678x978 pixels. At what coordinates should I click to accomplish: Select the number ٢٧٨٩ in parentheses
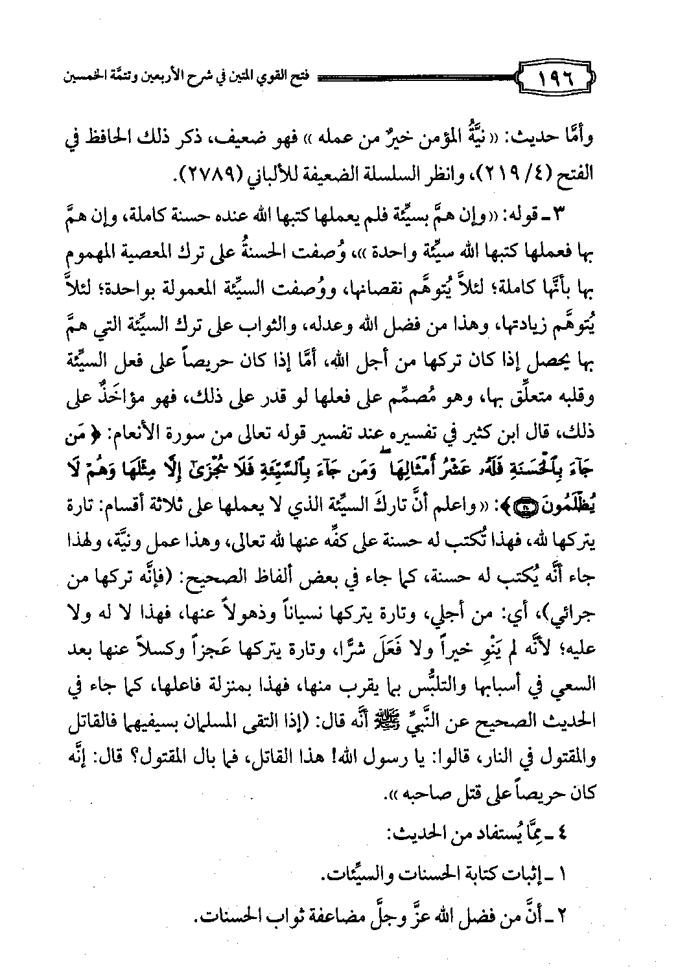click(x=209, y=174)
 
